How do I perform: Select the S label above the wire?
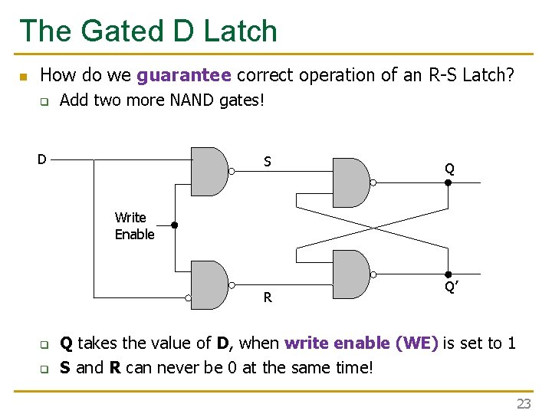[x=267, y=162]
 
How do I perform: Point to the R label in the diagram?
[x=268, y=297]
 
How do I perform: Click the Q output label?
[x=449, y=169]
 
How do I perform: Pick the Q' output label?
[x=452, y=287]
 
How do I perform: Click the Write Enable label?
[x=134, y=225]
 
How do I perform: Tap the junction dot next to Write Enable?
[x=174, y=225]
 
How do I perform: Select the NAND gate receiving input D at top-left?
[x=209, y=171]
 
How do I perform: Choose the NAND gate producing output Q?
[x=351, y=182]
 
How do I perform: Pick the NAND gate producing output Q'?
[x=351, y=274]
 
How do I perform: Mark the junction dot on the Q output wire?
[x=449, y=183]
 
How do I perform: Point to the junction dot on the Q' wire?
[x=449, y=274]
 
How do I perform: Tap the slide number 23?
[x=524, y=403]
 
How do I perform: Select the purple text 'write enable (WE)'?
[x=361, y=343]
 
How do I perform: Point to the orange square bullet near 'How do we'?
[x=23, y=77]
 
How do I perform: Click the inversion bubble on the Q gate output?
[x=374, y=182]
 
